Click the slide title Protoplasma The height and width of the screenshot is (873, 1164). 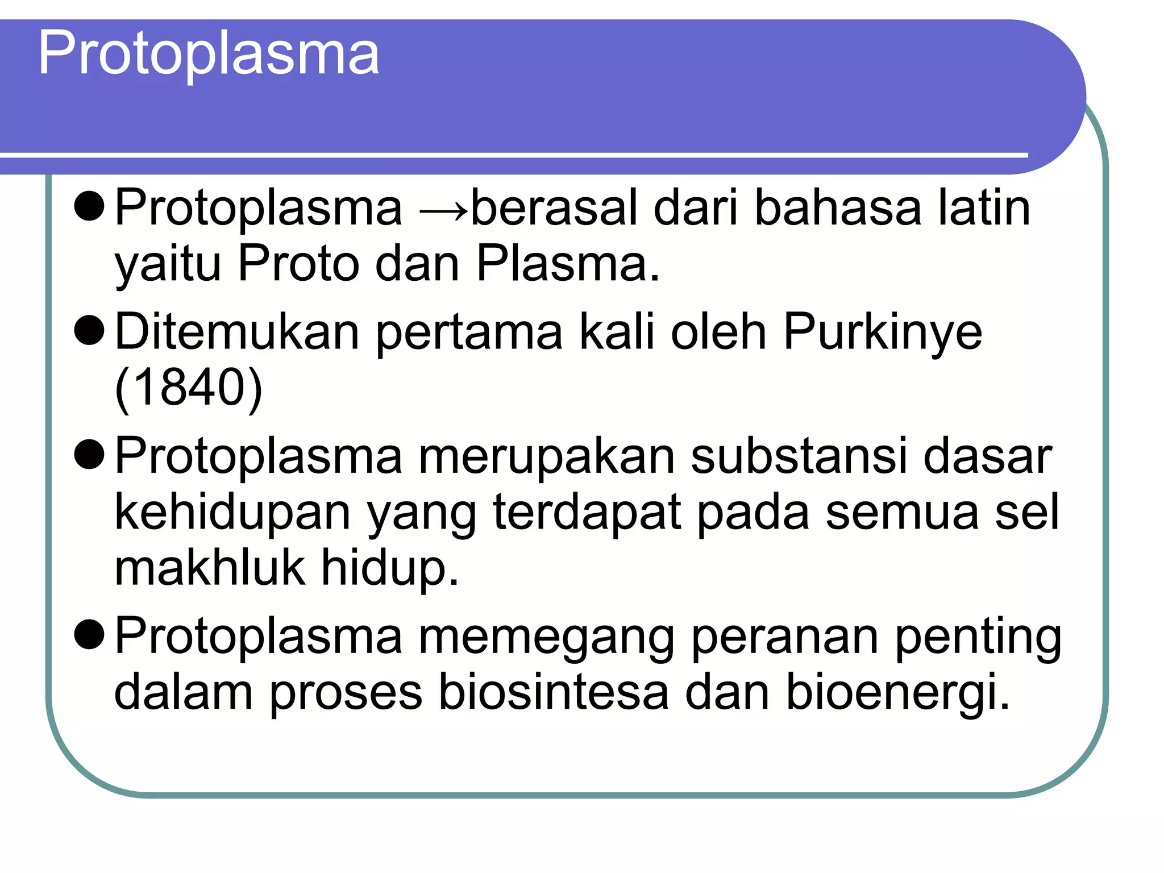coord(209,54)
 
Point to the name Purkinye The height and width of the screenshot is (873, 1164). coord(883,332)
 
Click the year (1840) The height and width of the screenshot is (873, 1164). coord(188,388)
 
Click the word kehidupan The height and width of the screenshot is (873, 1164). coord(232,512)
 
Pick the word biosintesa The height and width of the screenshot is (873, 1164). coord(554,692)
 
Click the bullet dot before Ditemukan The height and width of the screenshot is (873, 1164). coord(89,331)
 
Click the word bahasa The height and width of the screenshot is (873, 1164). coord(837,207)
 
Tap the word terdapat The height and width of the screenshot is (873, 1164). coord(587,512)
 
